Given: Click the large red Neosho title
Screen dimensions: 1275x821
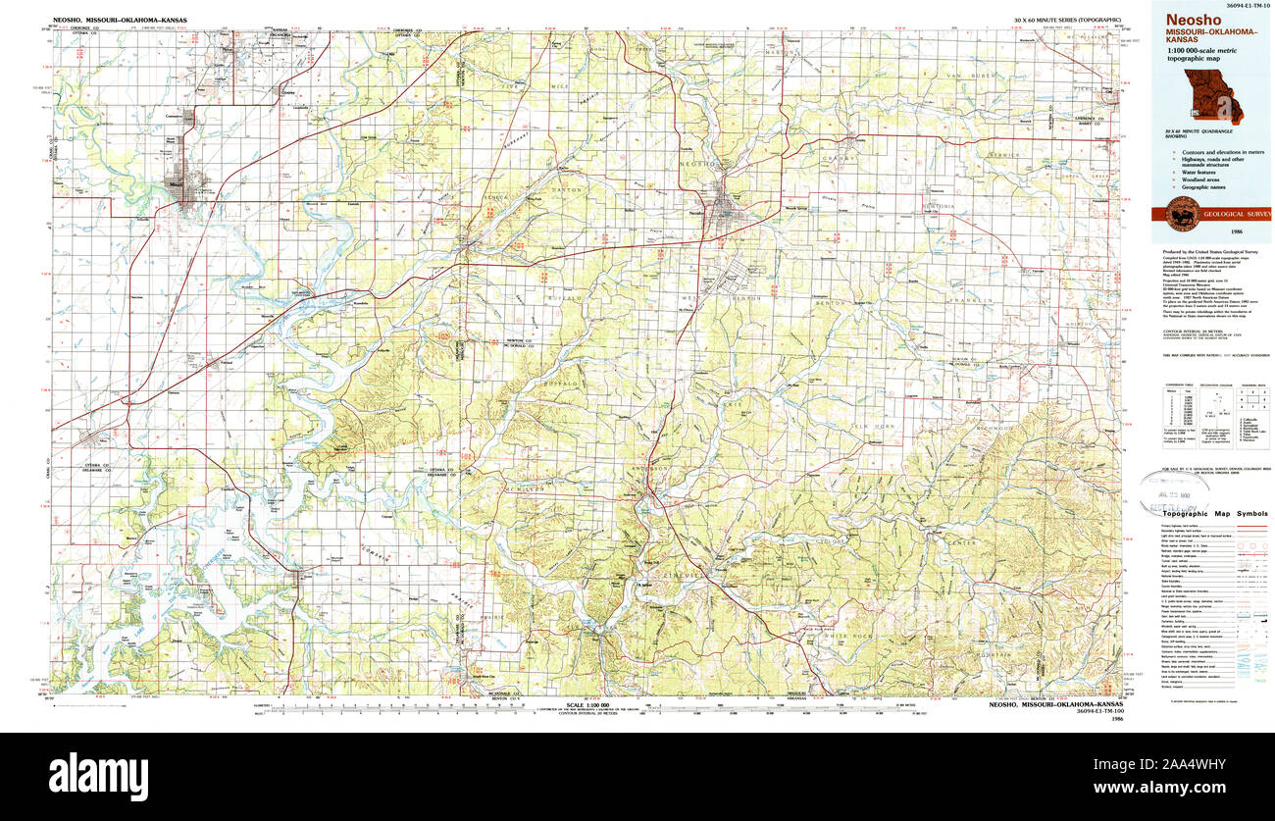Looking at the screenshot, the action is pos(1188,20).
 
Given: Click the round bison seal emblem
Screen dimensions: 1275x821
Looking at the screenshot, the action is pos(1183,213).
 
